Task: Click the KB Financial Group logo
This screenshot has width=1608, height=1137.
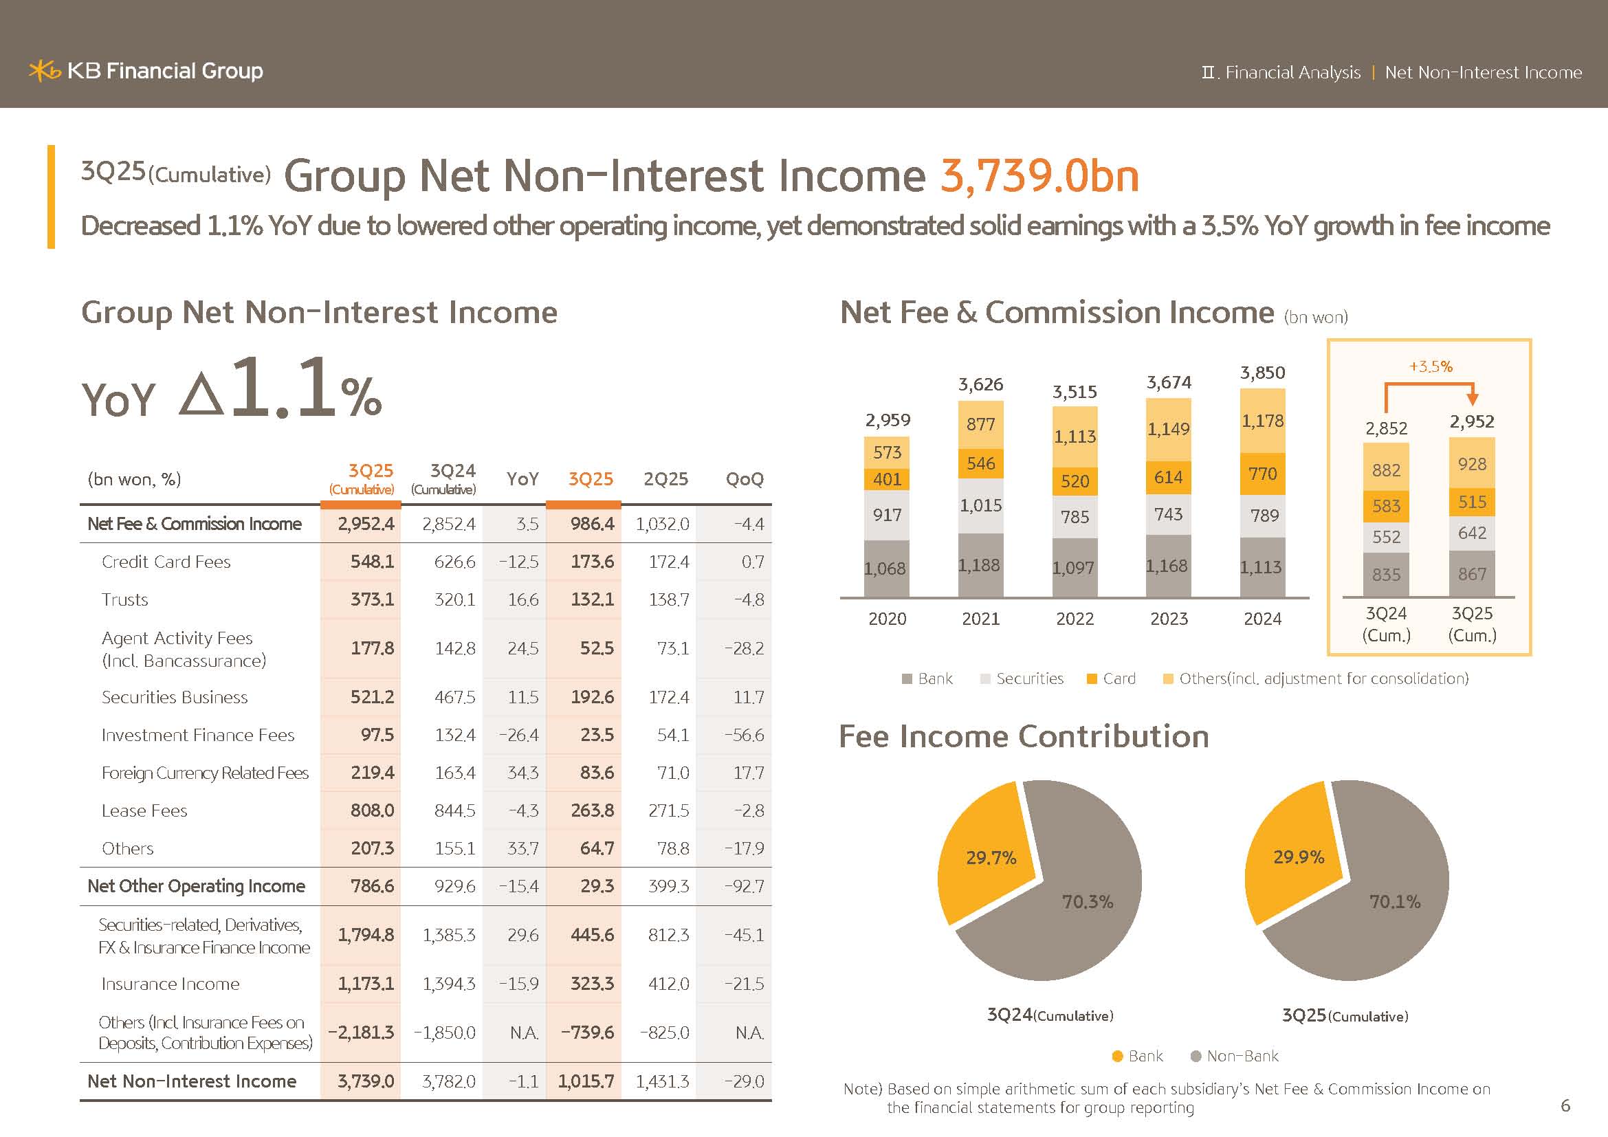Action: click(x=146, y=71)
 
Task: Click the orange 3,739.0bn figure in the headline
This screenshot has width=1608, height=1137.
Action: click(x=1039, y=176)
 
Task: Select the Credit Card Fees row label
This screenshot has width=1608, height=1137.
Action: click(x=166, y=562)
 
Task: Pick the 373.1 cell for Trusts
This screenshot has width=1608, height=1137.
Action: click(x=372, y=600)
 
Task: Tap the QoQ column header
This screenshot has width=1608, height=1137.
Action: click(x=744, y=480)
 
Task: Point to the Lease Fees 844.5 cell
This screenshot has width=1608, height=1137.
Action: click(x=454, y=810)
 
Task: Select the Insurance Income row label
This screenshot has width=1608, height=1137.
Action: click(x=170, y=984)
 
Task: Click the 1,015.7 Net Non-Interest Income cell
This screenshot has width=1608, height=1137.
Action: click(x=586, y=1082)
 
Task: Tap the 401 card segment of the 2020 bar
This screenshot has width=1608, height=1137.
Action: click(x=888, y=480)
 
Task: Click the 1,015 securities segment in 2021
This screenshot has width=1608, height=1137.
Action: click(x=980, y=505)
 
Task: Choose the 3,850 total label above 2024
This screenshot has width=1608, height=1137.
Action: click(x=1262, y=373)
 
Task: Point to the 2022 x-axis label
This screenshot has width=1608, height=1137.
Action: click(x=1075, y=619)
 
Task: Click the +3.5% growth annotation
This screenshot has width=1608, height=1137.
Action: click(x=1430, y=367)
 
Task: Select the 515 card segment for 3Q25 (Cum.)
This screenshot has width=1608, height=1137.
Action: click(x=1471, y=503)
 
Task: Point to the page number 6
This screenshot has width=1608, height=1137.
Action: click(x=1565, y=1105)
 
